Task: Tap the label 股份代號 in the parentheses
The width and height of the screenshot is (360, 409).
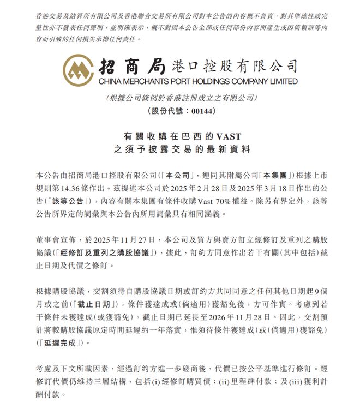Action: [x=166, y=111]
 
